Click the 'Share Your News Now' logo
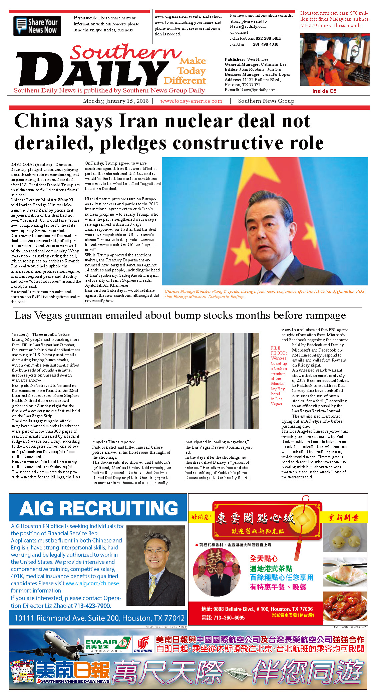click(x=37, y=26)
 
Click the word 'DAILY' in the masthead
click(x=92, y=70)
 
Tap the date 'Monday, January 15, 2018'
click(x=115, y=101)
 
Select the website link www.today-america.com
click(x=191, y=101)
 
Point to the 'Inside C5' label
click(x=324, y=91)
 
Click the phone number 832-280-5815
click(x=268, y=38)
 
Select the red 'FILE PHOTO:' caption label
click(x=279, y=350)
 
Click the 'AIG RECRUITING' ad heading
click(x=99, y=508)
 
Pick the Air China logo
click(x=143, y=645)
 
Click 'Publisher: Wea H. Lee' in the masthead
click(x=246, y=59)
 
